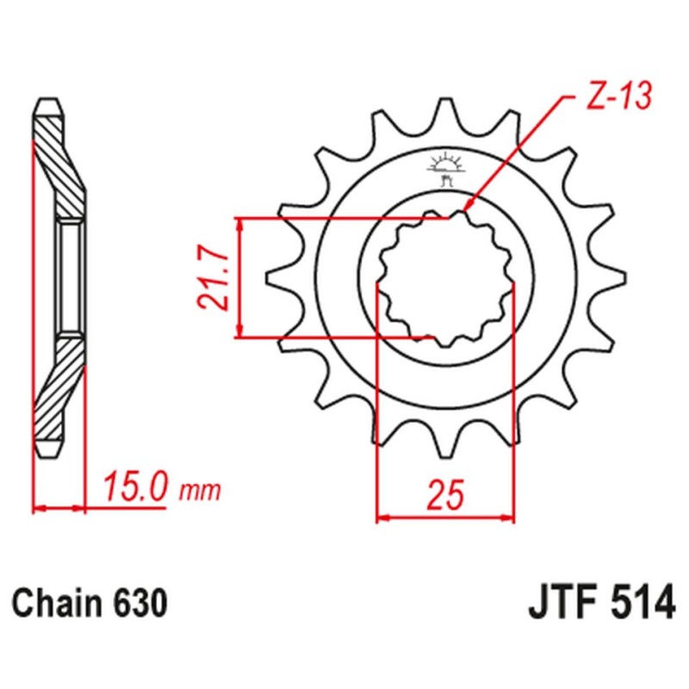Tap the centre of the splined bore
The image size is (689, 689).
(x=445, y=278)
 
